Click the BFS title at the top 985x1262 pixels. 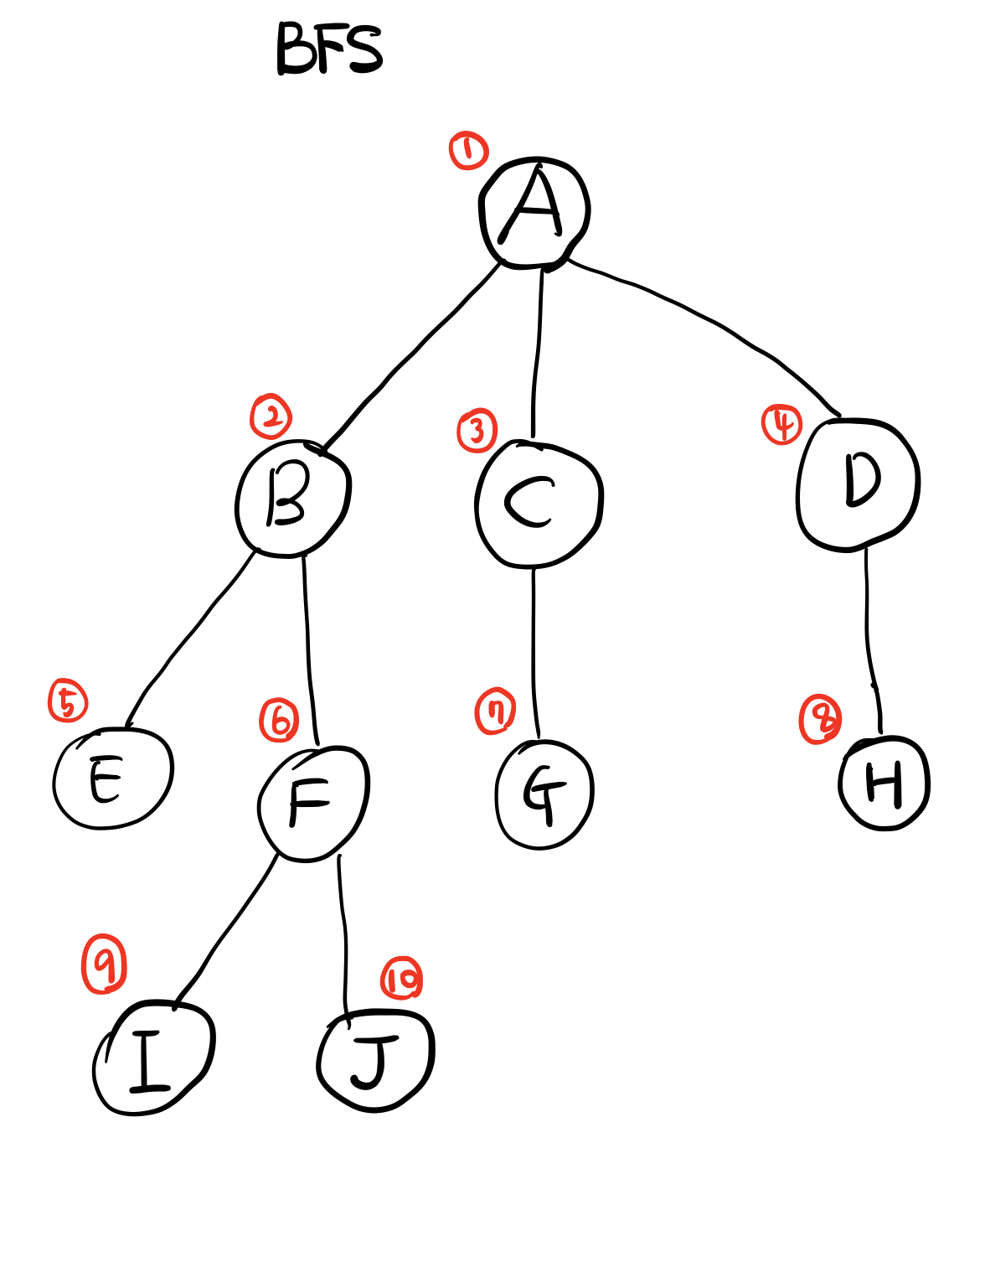tap(329, 49)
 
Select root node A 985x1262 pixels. tap(534, 211)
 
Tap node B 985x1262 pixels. tap(291, 498)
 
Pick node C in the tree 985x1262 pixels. tap(538, 503)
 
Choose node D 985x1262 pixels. tap(858, 484)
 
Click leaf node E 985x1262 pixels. tap(111, 778)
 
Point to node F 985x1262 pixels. tap(312, 803)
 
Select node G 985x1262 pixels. tap(544, 794)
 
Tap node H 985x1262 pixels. tap(884, 784)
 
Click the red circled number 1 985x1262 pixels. tap(468, 151)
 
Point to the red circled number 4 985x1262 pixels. tap(781, 424)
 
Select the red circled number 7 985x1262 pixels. tap(495, 711)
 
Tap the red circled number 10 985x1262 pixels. tap(401, 979)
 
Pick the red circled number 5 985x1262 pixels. tap(68, 701)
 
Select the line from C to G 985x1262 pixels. tap(534, 654)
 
